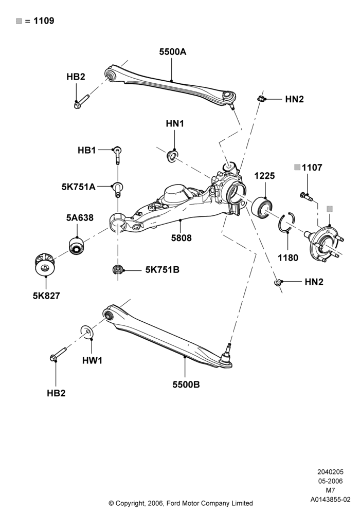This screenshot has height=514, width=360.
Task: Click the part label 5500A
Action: point(172,52)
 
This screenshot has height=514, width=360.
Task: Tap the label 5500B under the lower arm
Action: point(186,384)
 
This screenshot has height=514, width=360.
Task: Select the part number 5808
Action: point(182,237)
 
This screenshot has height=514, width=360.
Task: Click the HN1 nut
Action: point(172,155)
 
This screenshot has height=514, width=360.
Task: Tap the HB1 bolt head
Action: point(117,150)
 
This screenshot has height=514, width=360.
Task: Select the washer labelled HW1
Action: point(87,332)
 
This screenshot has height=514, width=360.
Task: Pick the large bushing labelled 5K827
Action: point(45,264)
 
